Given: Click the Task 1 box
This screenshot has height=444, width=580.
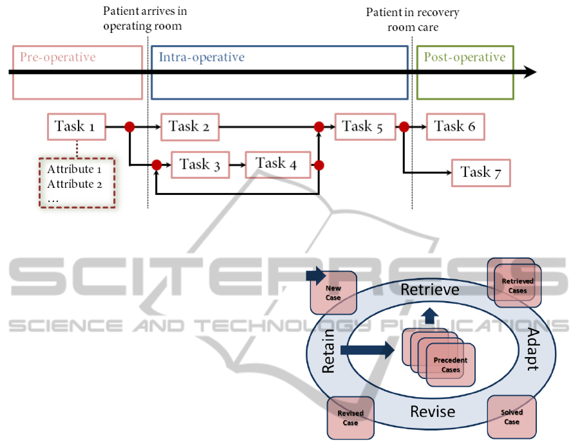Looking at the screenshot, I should pyautogui.click(x=76, y=127).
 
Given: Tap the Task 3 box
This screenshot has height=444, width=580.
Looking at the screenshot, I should pyautogui.click(x=200, y=165).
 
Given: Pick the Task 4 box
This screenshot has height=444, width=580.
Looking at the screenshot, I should pyautogui.click(x=276, y=163).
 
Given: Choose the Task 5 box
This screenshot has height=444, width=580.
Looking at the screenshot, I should pyautogui.click(x=362, y=127).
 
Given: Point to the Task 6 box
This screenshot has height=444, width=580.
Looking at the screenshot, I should pyautogui.click(x=454, y=127).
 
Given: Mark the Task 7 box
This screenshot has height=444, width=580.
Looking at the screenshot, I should pyautogui.click(x=481, y=172).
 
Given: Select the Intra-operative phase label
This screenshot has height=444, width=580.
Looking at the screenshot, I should pyautogui.click(x=202, y=57).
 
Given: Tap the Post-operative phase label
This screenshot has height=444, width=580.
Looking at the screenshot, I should pyautogui.click(x=464, y=57).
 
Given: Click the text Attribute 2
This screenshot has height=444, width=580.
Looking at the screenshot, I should pyautogui.click(x=75, y=184).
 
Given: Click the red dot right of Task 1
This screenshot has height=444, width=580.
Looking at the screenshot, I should pyautogui.click(x=129, y=127).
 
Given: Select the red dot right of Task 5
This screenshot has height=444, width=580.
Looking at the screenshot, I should pyautogui.click(x=404, y=127).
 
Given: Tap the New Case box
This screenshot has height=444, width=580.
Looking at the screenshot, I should pyautogui.click(x=333, y=293).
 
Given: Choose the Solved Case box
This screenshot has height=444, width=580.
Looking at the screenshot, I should pyautogui.click(x=511, y=417).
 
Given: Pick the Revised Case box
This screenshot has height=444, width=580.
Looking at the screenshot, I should pyautogui.click(x=350, y=418).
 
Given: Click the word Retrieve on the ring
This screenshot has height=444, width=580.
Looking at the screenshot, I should pyautogui.click(x=430, y=290).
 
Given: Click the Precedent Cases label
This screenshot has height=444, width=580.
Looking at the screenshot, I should pyautogui.click(x=451, y=365).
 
